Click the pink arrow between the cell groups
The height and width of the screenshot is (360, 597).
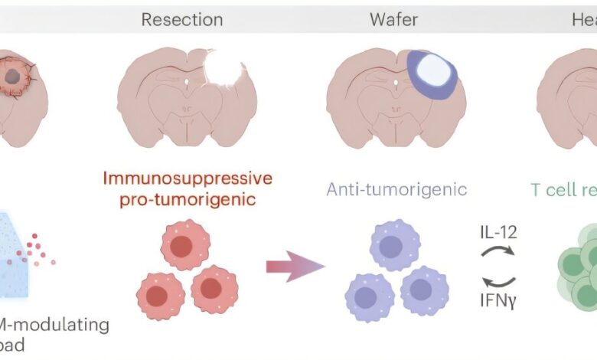[295, 267]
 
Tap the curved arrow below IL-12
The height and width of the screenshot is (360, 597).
[501, 250]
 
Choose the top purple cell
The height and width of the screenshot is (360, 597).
[395, 245]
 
